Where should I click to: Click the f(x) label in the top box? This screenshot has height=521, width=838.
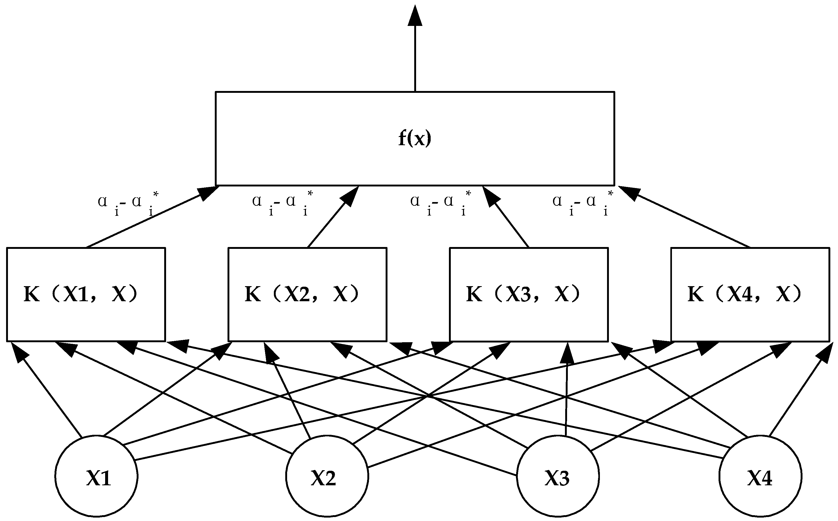[415, 139]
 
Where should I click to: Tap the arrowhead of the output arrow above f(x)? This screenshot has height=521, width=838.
[415, 16]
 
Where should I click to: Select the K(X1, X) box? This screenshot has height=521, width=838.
[86, 294]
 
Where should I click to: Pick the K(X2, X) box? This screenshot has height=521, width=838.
[307, 294]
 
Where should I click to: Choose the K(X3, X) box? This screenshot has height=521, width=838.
[529, 294]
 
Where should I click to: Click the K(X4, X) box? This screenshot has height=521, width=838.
[750, 294]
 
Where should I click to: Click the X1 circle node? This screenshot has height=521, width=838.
[96, 476]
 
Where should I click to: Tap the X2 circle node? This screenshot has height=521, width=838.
[327, 476]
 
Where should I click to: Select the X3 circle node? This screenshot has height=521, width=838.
[558, 476]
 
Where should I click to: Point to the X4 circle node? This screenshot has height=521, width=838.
[760, 476]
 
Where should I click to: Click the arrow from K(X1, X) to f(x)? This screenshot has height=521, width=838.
[148, 218]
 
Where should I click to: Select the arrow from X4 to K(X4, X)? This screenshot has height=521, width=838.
[797, 396]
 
